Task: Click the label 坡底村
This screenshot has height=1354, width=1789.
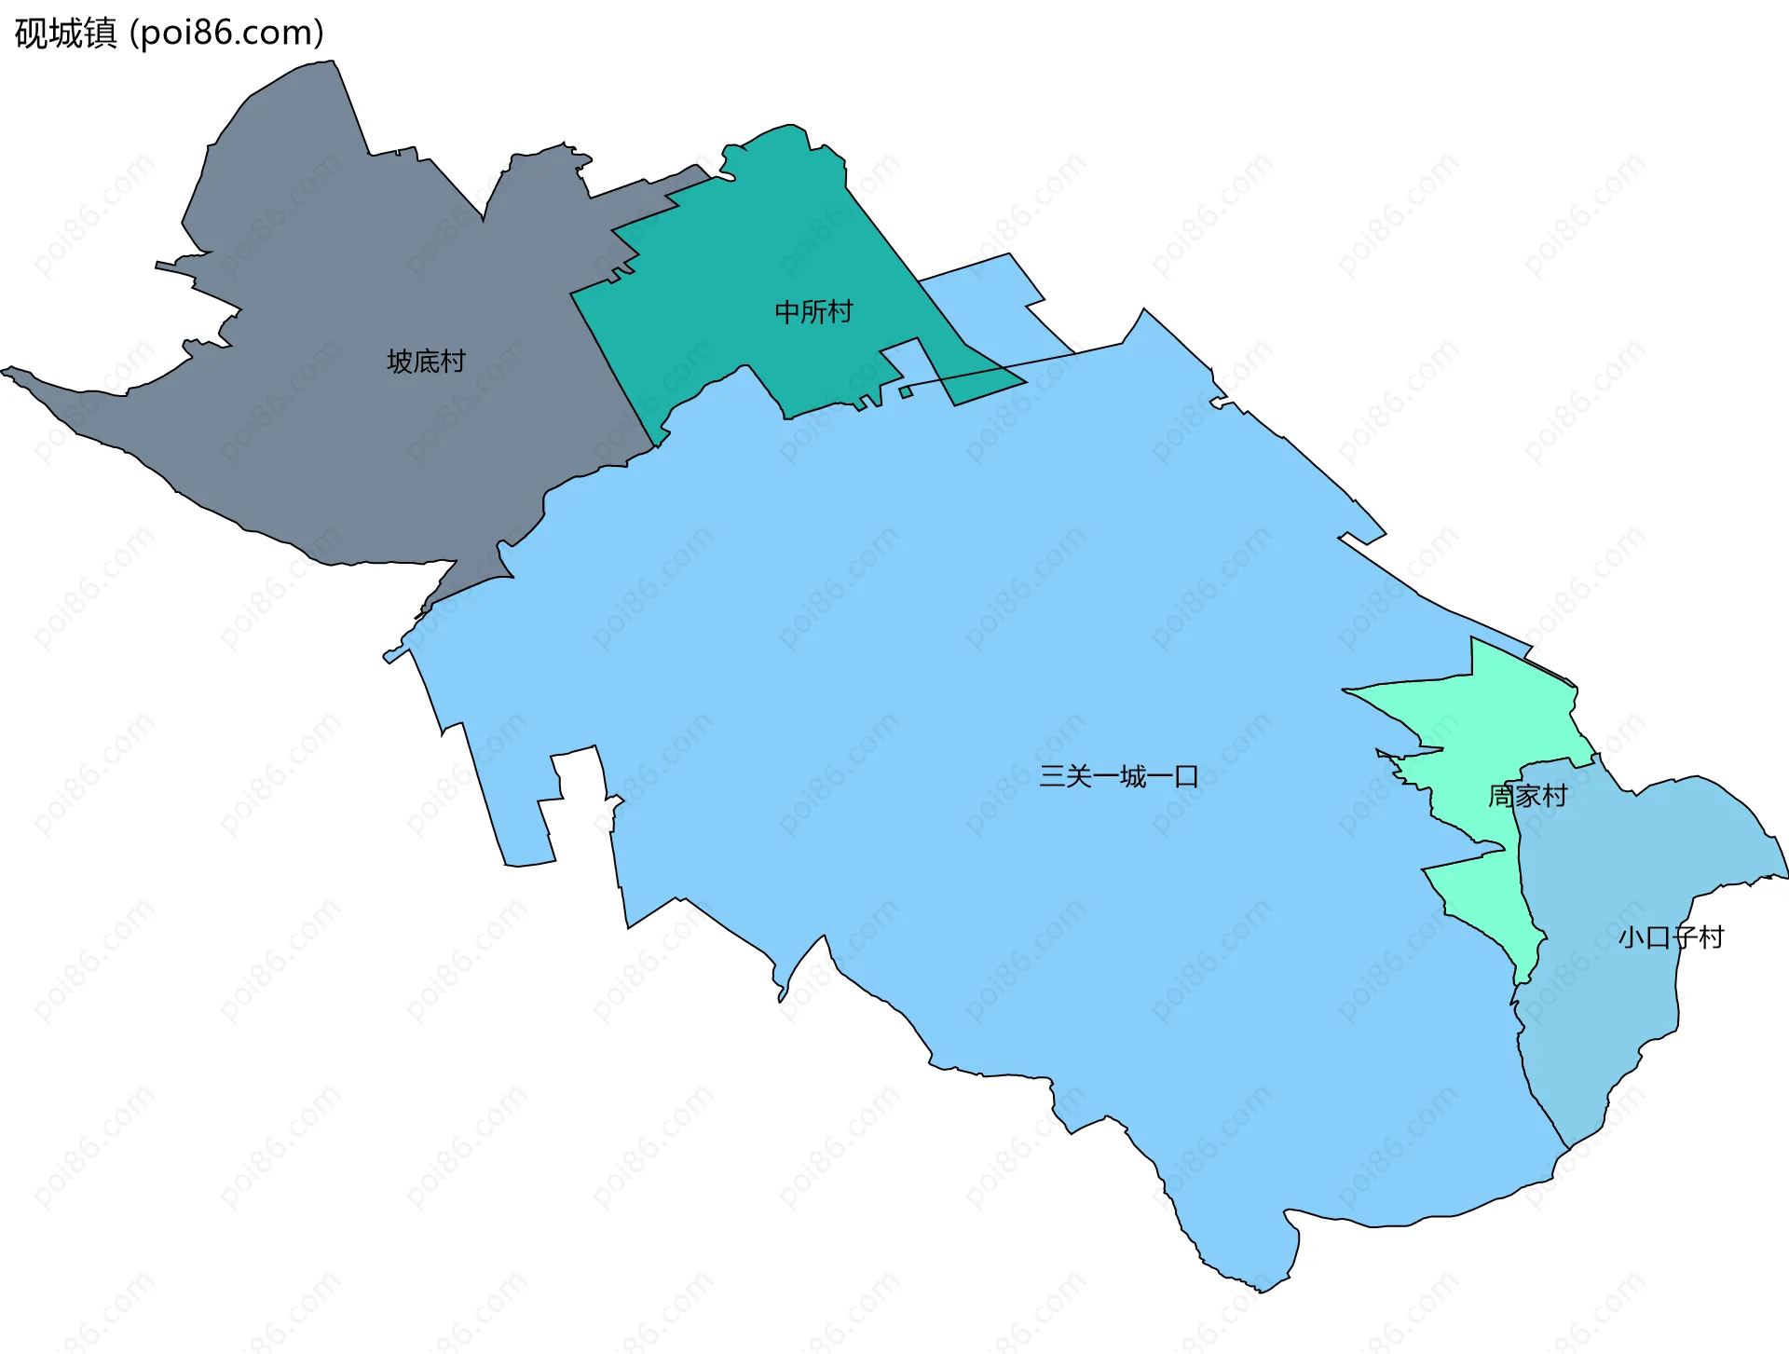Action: [426, 361]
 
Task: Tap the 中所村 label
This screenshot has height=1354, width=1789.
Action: [813, 311]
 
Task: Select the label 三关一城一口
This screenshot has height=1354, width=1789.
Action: [1118, 776]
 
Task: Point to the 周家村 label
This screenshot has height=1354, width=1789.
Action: [1527, 796]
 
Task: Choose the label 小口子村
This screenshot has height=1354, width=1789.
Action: [1671, 937]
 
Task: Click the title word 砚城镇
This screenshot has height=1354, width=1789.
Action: [66, 33]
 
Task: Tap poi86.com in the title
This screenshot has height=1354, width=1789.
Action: [226, 33]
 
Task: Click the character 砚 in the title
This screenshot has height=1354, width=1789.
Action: [32, 33]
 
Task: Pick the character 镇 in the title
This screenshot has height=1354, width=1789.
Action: [101, 33]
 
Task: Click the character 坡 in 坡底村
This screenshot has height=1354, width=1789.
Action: [400, 361]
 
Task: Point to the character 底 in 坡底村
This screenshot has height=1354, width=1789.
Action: [426, 361]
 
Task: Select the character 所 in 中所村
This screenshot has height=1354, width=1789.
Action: [813, 311]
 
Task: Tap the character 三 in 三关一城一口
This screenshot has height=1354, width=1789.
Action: [1052, 776]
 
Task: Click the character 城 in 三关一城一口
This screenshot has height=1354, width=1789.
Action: [1132, 776]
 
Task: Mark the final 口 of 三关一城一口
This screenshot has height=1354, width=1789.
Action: [1186, 776]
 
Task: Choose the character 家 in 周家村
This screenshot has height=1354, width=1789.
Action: [1527, 796]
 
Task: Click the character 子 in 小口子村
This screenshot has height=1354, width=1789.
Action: [1685, 937]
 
